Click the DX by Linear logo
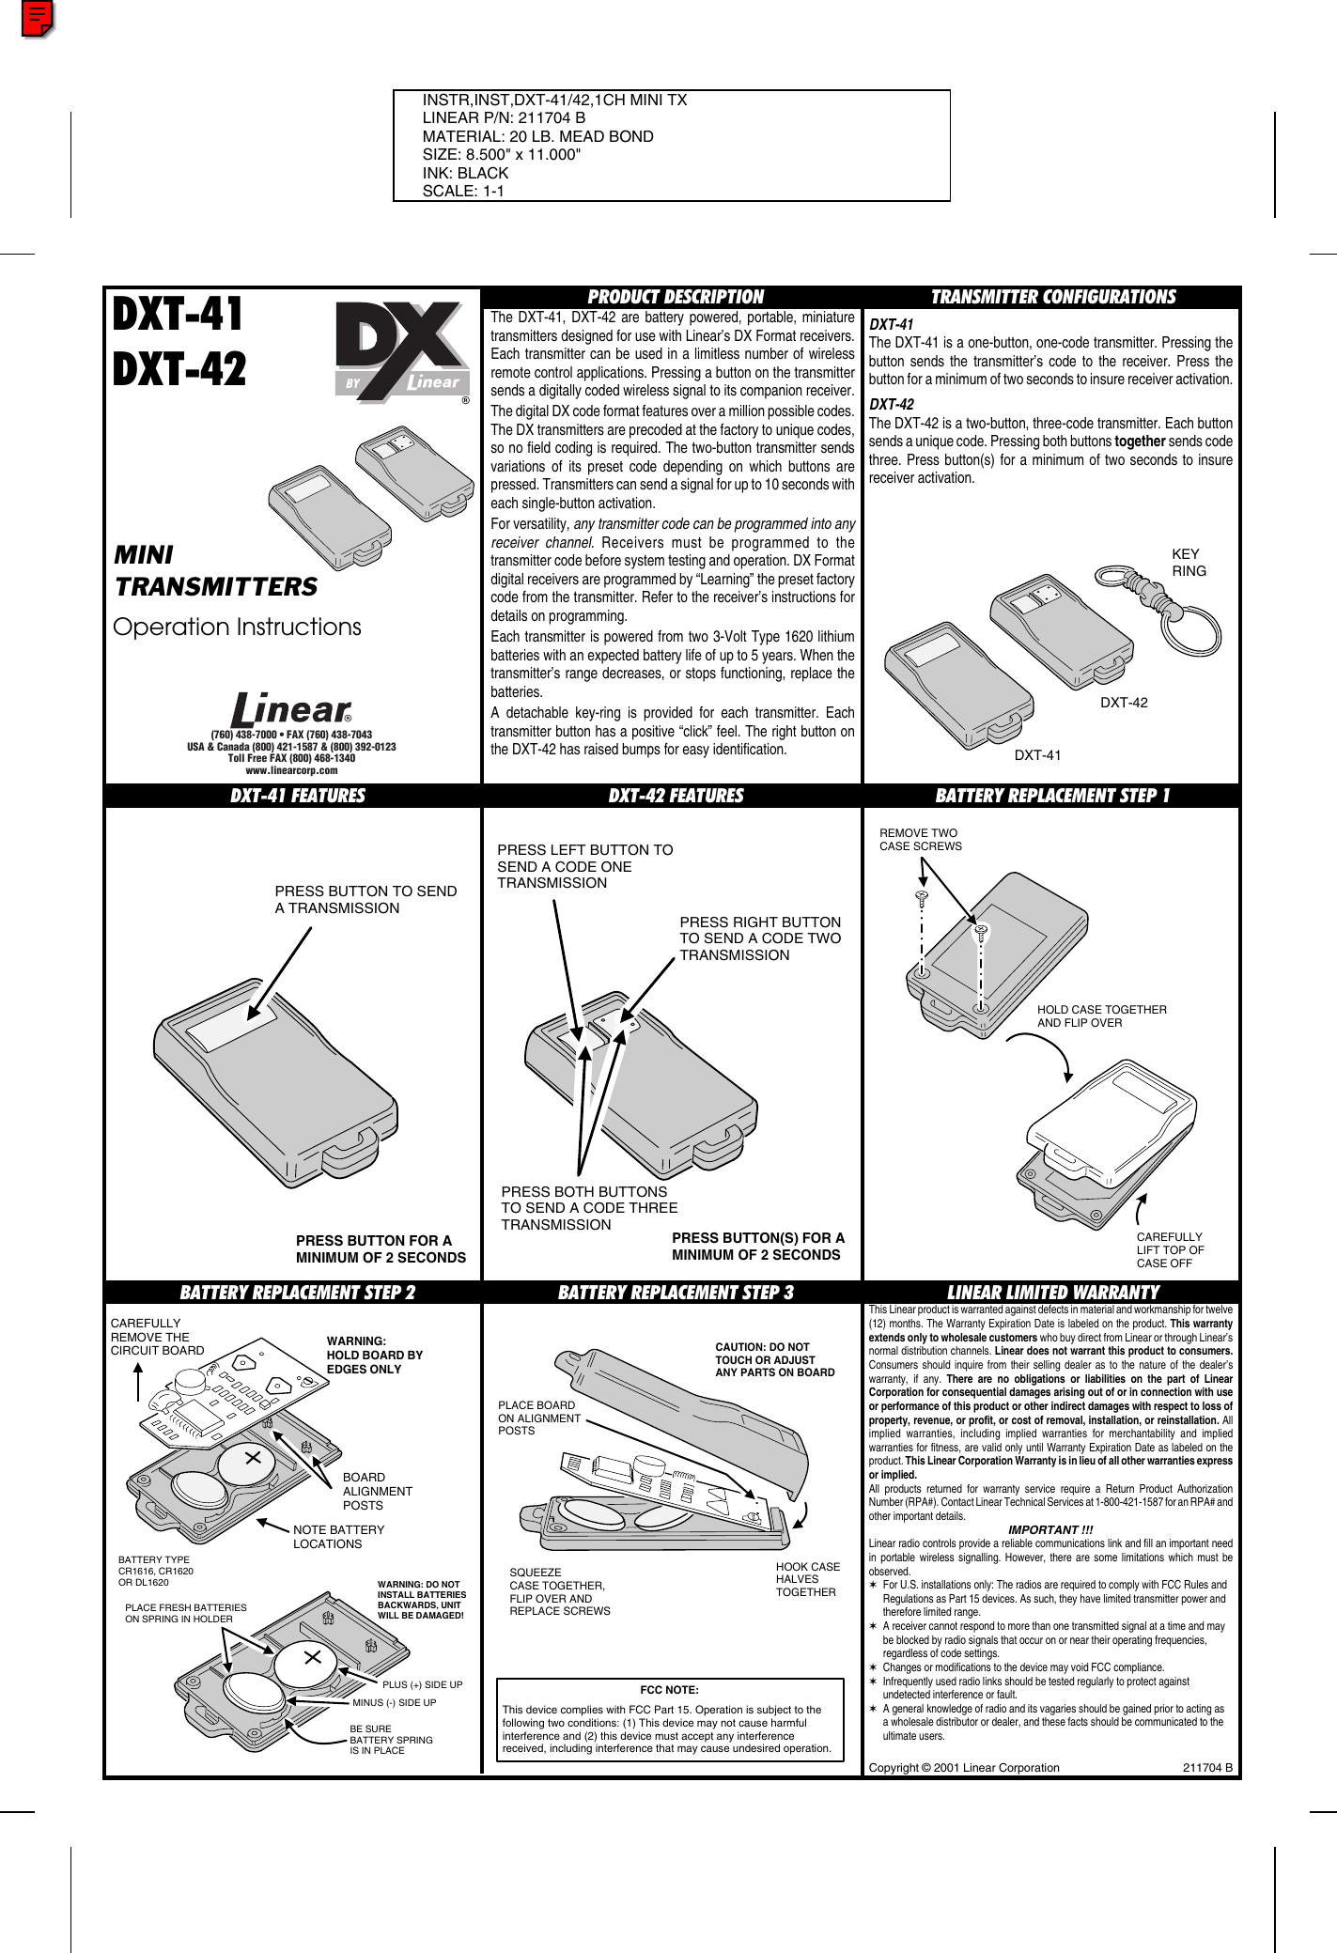tap(402, 352)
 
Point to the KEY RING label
tap(1189, 563)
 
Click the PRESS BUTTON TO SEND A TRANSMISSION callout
tap(365, 899)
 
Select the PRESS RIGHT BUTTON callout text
tap(760, 938)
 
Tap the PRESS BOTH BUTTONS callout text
tap(589, 1208)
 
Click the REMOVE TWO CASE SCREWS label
tap(920, 840)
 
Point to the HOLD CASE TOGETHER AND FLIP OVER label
tap(1101, 1015)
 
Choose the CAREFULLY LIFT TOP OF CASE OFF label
tap(1170, 1250)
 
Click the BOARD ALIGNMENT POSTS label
tap(377, 1491)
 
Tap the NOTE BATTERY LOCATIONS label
tap(338, 1537)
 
